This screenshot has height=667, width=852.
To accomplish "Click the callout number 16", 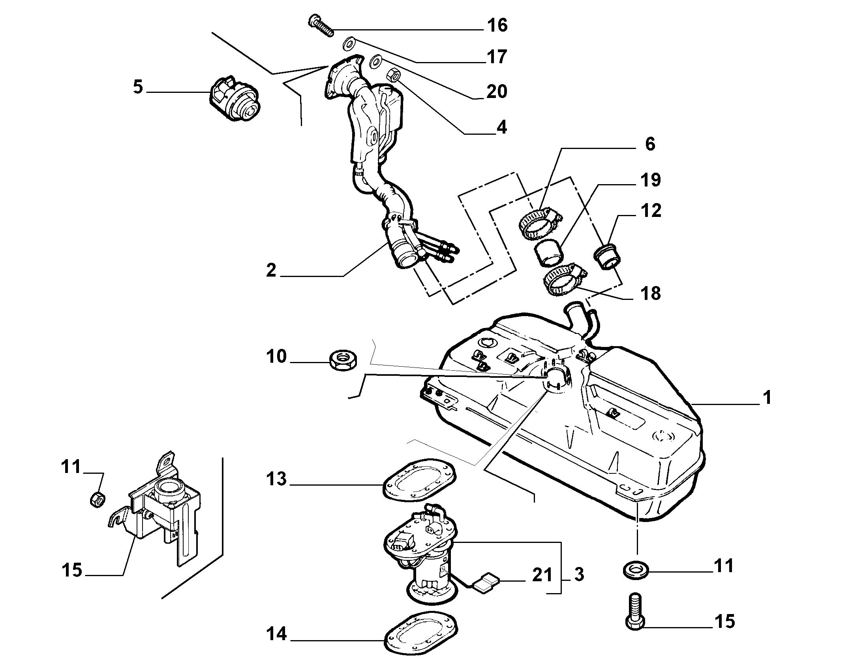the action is (x=497, y=26).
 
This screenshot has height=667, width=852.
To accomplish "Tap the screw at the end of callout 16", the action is (x=321, y=25).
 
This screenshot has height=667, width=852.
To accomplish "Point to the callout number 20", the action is (x=496, y=92).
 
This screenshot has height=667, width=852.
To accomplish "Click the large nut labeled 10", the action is (x=343, y=360).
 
